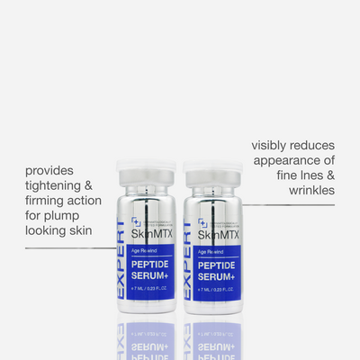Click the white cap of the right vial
213,172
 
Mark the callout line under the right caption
288,204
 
